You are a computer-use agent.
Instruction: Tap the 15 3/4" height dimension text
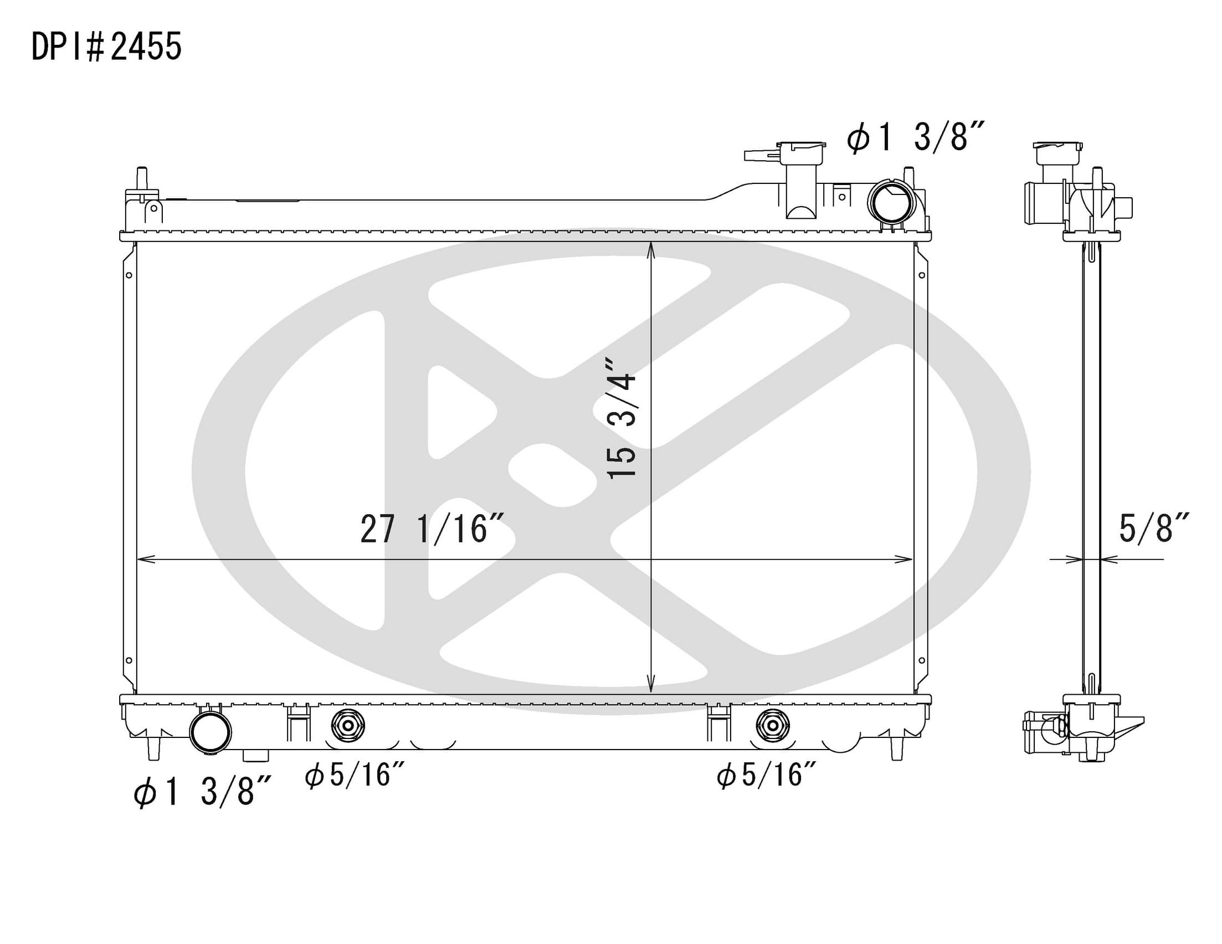click(x=622, y=419)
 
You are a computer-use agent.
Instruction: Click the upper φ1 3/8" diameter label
click(x=915, y=137)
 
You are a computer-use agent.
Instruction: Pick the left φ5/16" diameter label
click(x=354, y=776)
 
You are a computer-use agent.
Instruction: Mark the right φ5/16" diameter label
click(x=766, y=776)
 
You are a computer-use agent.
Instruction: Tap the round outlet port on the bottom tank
click(x=210, y=732)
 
